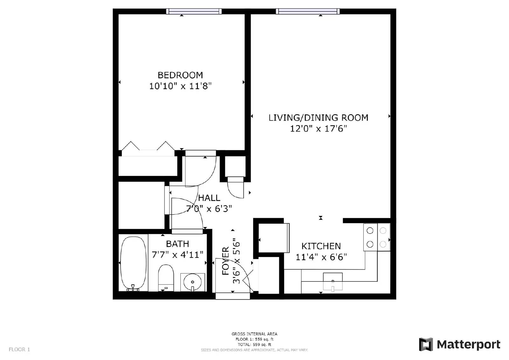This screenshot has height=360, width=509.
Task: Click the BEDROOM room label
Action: (180, 75)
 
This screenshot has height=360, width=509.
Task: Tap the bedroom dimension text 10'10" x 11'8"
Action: (180, 86)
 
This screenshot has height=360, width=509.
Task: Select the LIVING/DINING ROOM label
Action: (318, 118)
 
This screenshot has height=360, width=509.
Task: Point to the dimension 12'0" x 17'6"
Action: (318, 129)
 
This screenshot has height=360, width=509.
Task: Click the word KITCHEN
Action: (321, 246)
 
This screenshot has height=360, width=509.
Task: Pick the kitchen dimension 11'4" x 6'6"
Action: (321, 257)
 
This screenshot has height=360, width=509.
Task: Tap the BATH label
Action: (178, 244)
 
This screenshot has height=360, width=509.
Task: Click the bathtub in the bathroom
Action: (133, 263)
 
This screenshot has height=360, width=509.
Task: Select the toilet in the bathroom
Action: (166, 278)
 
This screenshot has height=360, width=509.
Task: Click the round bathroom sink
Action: (192, 282)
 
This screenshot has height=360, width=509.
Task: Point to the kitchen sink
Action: (333, 282)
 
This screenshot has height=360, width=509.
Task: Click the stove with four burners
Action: (377, 237)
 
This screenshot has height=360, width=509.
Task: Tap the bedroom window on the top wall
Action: (194, 11)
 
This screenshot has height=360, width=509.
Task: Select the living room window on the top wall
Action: (308, 11)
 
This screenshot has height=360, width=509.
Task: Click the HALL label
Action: (209, 198)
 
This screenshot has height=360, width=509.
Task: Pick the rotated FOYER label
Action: (226, 261)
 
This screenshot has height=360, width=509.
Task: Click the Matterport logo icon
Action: (426, 344)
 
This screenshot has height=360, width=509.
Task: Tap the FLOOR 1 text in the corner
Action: (19, 349)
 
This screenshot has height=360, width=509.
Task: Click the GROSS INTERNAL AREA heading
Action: (254, 334)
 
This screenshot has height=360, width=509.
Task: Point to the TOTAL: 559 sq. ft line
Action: (254, 344)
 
